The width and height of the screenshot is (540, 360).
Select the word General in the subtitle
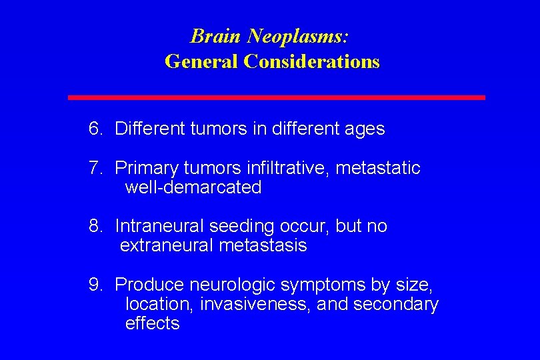pyautogui.click(x=201, y=61)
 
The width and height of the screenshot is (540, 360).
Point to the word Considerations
pyautogui.click(x=311, y=61)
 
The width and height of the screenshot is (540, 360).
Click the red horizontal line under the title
pyautogui.click(x=277, y=97)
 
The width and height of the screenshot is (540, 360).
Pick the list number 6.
pyautogui.click(x=95, y=129)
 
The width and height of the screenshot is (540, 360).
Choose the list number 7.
pyautogui.click(x=95, y=168)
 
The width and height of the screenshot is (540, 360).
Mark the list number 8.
pyautogui.click(x=95, y=227)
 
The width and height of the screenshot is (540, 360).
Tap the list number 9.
pyautogui.click(x=95, y=285)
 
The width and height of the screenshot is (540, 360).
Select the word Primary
pyautogui.click(x=145, y=168)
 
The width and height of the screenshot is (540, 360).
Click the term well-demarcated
pyautogui.click(x=193, y=188)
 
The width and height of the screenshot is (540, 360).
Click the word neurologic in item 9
pyautogui.click(x=233, y=285)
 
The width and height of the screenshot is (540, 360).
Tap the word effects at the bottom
pyautogui.click(x=152, y=324)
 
